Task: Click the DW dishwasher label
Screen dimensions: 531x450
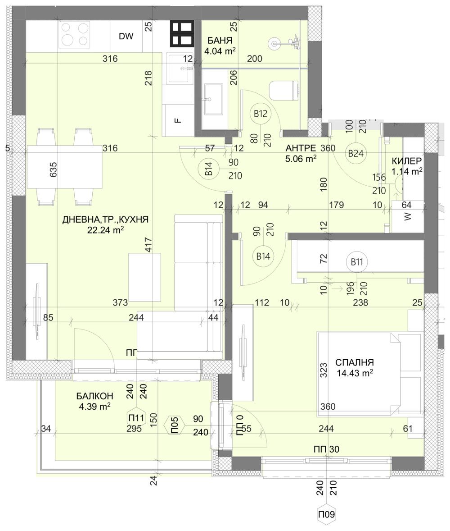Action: pyautogui.click(x=126, y=37)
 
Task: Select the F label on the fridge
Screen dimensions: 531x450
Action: pyautogui.click(x=177, y=120)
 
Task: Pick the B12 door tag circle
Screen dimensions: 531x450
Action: pyautogui.click(x=261, y=114)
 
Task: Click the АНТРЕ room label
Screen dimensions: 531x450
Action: pyautogui.click(x=301, y=148)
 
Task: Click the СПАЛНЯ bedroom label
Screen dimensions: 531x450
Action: pyautogui.click(x=355, y=362)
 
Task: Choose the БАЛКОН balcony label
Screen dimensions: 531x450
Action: pyautogui.click(x=94, y=396)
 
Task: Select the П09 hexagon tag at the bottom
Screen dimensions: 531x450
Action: pyautogui.click(x=327, y=514)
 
